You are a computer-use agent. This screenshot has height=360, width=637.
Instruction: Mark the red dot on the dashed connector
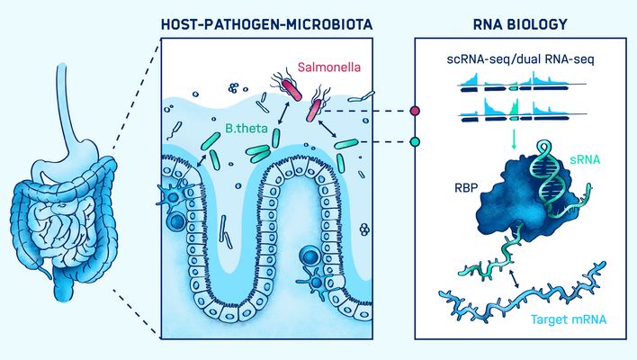point(415,112)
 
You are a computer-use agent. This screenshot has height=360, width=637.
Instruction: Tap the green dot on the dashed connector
point(415,141)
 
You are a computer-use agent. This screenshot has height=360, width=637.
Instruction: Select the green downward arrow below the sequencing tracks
point(512,137)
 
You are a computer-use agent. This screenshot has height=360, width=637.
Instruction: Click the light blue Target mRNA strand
point(522,297)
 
